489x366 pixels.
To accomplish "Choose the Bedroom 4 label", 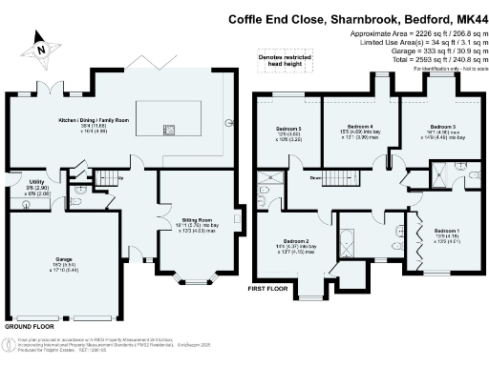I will click(358, 126).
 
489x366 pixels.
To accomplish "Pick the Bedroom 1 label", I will click(447, 231).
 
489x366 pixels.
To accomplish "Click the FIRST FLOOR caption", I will click(267, 287).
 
